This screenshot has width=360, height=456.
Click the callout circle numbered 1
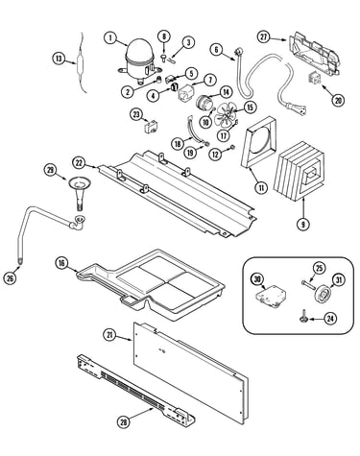(x=110, y=37)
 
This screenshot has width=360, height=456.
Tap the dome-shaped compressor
(x=138, y=60)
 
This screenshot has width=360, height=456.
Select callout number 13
(x=59, y=59)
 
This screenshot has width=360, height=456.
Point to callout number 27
(x=263, y=37)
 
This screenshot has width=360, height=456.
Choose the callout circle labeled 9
(x=302, y=224)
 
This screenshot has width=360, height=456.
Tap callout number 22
(x=80, y=163)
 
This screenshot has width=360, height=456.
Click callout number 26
(x=10, y=277)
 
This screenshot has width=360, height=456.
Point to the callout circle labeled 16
(x=61, y=263)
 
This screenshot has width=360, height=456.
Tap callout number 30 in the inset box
(x=257, y=279)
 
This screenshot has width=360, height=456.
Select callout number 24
(x=330, y=319)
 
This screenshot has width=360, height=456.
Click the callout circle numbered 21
(x=109, y=335)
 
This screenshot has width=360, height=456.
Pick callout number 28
(x=123, y=422)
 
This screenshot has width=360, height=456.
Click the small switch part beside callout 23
(x=151, y=128)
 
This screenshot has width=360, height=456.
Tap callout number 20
(x=338, y=101)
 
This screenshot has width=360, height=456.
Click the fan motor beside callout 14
(x=204, y=103)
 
